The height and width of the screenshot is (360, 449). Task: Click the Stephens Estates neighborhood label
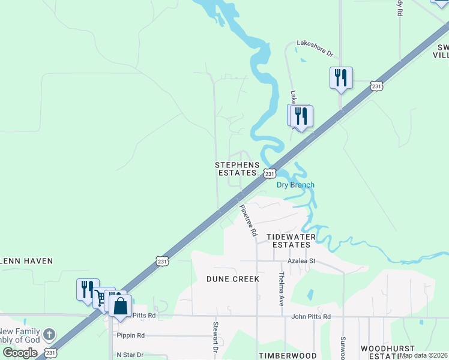(238, 169)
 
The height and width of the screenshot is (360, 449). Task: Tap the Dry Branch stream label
(295, 185)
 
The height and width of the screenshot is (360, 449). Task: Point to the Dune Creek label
(233, 279)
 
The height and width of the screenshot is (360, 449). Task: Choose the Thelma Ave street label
(281, 289)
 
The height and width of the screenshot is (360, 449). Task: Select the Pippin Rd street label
(131, 335)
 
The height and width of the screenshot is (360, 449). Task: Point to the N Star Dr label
(130, 355)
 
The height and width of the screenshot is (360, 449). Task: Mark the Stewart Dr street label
(214, 337)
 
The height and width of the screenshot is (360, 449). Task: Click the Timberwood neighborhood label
(279, 356)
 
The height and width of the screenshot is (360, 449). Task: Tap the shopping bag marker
(121, 305)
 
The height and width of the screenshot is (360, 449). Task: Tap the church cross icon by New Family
(49, 334)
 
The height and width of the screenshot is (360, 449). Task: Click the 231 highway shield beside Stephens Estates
(270, 173)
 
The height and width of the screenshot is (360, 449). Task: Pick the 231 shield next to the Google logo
(51, 353)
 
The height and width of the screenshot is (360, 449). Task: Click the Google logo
(20, 353)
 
